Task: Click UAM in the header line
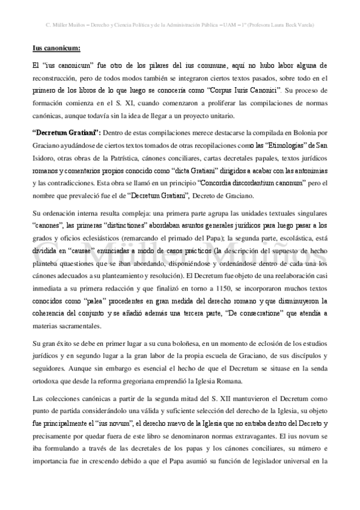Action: (227, 25)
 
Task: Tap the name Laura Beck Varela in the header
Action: (290, 25)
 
